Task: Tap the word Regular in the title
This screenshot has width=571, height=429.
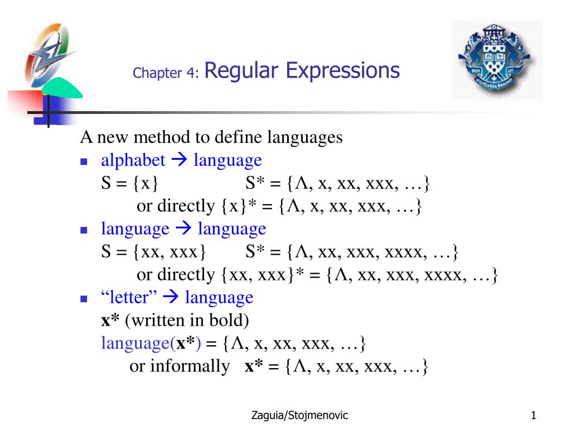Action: tap(241, 71)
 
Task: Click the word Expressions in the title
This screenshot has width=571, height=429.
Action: tap(343, 71)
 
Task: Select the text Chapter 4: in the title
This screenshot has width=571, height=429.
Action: tap(166, 73)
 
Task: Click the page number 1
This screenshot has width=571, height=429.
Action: tap(534, 415)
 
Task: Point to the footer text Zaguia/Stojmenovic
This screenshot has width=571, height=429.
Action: tap(299, 415)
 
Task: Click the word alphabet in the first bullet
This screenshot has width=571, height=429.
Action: tap(133, 160)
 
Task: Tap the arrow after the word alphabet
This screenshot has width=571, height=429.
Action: tap(179, 159)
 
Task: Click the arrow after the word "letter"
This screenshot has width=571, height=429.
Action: tap(171, 297)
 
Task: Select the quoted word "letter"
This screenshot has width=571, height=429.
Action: tap(129, 297)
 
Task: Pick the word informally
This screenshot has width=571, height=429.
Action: tap(190, 366)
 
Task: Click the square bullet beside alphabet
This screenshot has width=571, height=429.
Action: tap(84, 161)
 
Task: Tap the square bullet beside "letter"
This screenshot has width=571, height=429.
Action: tap(84, 299)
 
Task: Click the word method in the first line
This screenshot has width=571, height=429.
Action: tap(162, 137)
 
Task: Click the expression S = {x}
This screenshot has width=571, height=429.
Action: tap(129, 183)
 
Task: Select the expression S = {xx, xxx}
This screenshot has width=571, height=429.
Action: tap(153, 251)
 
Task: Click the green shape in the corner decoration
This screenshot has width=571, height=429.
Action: tap(61, 89)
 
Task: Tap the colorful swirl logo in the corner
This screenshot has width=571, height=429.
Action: tap(49, 53)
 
